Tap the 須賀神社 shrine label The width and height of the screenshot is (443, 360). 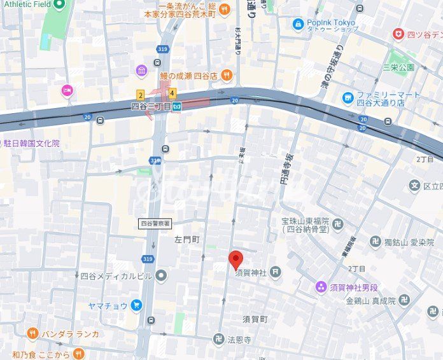(x=251, y=273)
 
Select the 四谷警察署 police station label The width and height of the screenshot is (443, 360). (x=155, y=223)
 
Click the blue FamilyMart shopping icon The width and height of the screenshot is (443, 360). (x=348, y=98)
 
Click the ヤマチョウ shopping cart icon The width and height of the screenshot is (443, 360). (x=136, y=305)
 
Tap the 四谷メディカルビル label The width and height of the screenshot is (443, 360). (x=116, y=276)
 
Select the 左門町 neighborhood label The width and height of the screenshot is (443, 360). (x=186, y=240)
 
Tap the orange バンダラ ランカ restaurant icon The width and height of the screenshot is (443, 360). (x=32, y=333)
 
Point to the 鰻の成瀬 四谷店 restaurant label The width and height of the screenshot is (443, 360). (x=188, y=76)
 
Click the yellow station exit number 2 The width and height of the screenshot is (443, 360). (x=141, y=95)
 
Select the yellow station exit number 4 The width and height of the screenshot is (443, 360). (x=171, y=93)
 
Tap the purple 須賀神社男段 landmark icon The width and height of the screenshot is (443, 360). (x=322, y=287)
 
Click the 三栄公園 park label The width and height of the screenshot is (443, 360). (x=398, y=67)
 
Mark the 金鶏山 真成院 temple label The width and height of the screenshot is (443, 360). (x=370, y=300)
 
